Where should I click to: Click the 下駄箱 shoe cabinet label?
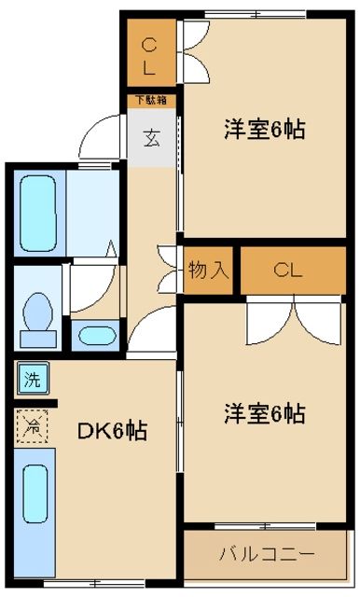pyautogui.click(x=150, y=98)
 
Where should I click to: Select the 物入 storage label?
pyautogui.click(x=208, y=271)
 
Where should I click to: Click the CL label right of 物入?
pyautogui.click(x=288, y=271)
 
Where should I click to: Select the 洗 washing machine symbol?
pyautogui.click(x=32, y=381)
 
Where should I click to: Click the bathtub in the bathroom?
pyautogui.click(x=36, y=212)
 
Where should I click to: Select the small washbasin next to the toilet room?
pyautogui.click(x=94, y=335)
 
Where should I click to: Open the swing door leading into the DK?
pyautogui.click(x=152, y=331)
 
